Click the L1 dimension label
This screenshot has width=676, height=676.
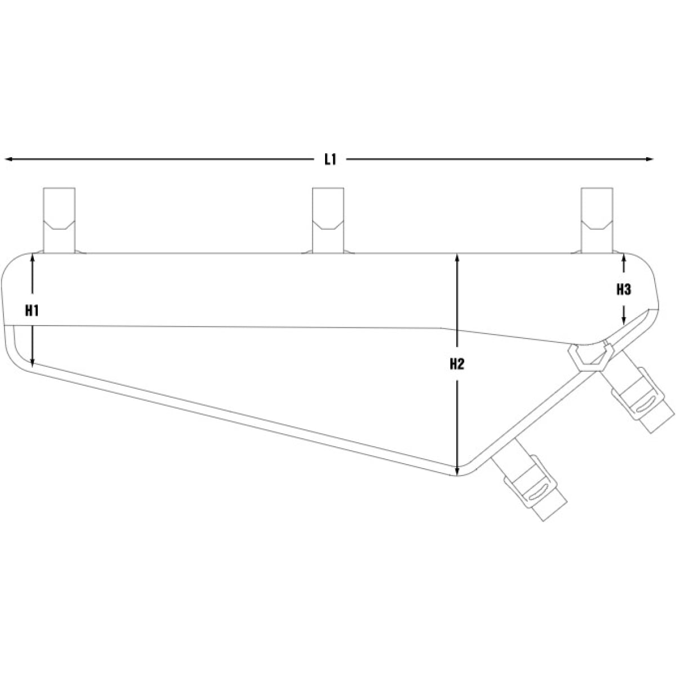[330, 159]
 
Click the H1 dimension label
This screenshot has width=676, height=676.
[32, 310]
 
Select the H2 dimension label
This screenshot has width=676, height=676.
[457, 364]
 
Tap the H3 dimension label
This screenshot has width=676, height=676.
[623, 290]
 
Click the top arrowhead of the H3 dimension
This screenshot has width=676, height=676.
[624, 258]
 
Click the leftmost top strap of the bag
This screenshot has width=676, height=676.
[59, 220]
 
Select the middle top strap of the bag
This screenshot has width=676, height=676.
[328, 220]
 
